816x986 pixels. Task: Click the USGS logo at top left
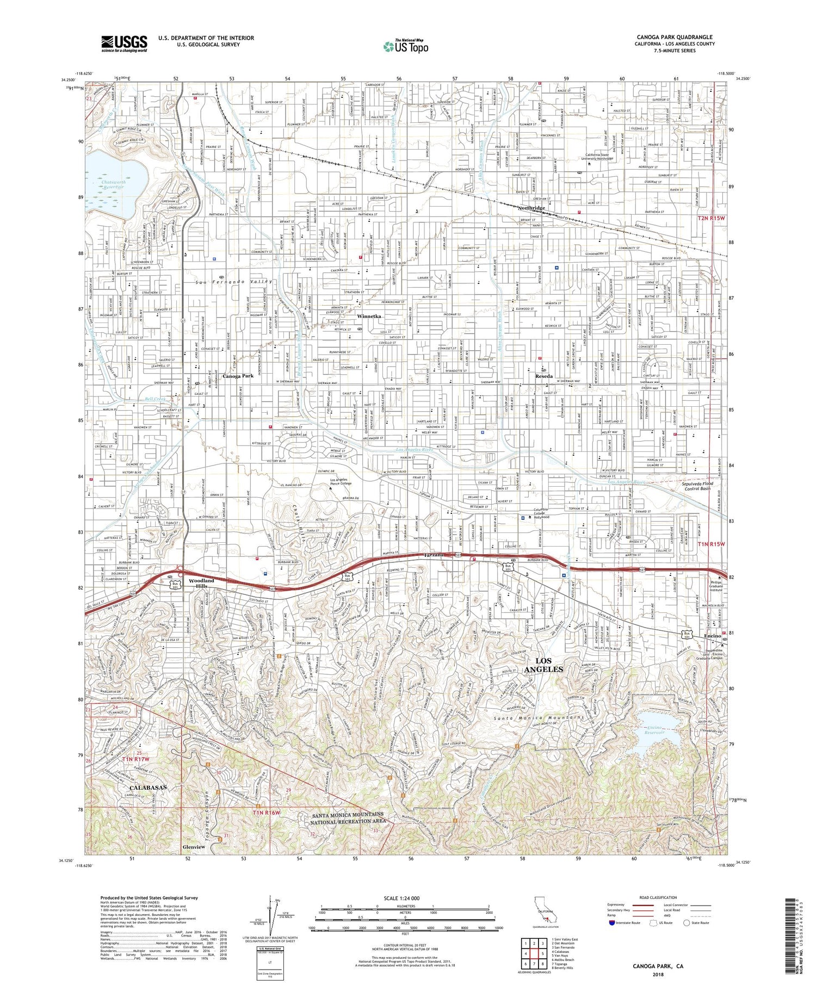(124, 44)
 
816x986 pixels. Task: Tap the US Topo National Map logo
(405, 47)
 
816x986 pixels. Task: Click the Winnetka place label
(369, 316)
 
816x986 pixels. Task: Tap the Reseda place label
(543, 376)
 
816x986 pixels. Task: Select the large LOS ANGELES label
(543, 665)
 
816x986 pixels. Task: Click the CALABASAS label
(148, 787)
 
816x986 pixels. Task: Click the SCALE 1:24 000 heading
(405, 898)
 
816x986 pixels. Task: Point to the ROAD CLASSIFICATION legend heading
(658, 897)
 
